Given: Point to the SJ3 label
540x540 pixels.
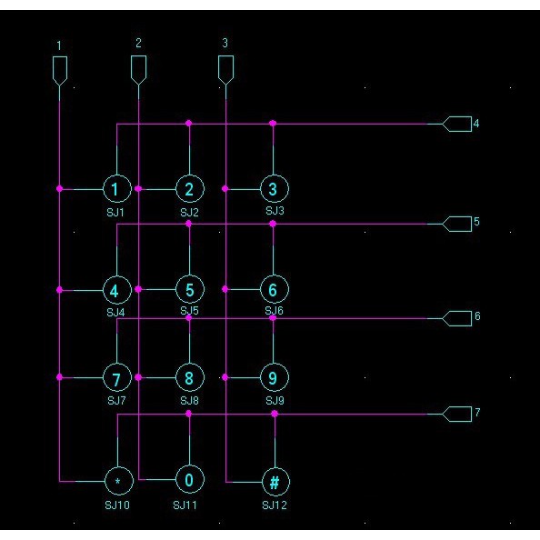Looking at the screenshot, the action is click(275, 210).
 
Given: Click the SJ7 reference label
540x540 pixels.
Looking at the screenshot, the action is click(116, 401).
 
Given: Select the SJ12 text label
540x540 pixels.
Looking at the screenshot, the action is click(275, 505).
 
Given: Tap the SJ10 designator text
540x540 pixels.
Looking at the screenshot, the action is click(117, 505).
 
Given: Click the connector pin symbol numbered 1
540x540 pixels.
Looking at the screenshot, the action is click(60, 71).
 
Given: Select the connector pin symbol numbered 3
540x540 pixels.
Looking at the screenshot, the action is click(226, 70).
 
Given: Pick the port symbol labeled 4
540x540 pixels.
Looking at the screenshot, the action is click(457, 124).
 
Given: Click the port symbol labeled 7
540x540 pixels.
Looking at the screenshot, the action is click(457, 414).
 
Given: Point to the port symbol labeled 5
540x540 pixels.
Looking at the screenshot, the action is click(457, 224).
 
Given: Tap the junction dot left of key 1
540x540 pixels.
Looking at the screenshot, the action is click(60, 189).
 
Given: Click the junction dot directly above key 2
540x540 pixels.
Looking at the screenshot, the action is click(189, 124).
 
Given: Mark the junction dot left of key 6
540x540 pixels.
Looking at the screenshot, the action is click(225, 289).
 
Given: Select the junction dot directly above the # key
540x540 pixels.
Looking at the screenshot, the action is click(275, 414).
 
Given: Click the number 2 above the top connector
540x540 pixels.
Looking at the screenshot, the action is click(138, 43).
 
